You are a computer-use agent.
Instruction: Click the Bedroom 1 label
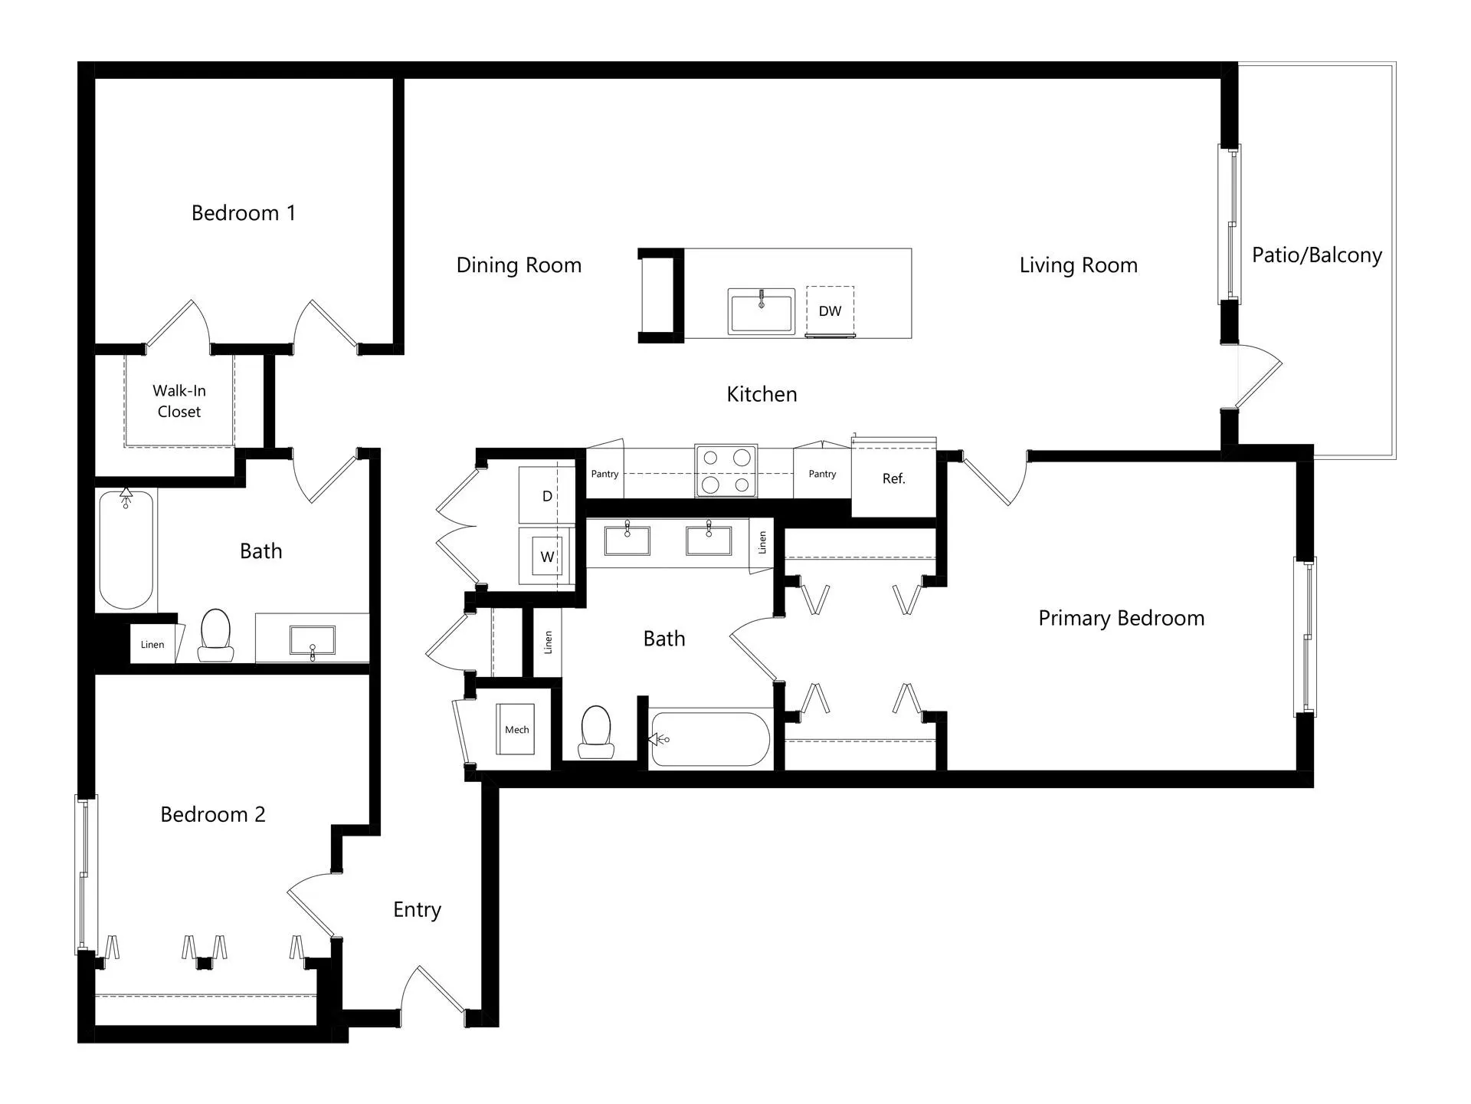point(243,213)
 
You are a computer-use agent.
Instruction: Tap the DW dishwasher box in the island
point(830,311)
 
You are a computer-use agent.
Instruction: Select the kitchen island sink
point(761,311)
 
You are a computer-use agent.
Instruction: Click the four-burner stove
point(726,470)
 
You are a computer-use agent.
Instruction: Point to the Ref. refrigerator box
point(894,478)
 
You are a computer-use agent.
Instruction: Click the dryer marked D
point(547,496)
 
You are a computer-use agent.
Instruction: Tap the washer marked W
point(547,557)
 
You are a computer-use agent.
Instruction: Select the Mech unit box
point(516,729)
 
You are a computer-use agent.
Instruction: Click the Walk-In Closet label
point(179,401)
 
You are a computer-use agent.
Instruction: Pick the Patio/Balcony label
point(1317,255)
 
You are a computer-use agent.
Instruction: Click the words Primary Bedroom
point(1121,618)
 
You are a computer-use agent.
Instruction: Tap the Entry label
point(418,910)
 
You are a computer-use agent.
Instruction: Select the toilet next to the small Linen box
point(216,636)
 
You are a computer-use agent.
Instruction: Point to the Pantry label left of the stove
point(604,474)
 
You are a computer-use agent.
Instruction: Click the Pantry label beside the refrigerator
point(822,474)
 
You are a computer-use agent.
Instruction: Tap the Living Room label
point(1079,265)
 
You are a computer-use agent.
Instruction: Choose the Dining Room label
point(519,265)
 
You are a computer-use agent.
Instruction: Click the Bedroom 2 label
point(213,814)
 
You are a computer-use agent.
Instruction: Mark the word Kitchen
point(762,394)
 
